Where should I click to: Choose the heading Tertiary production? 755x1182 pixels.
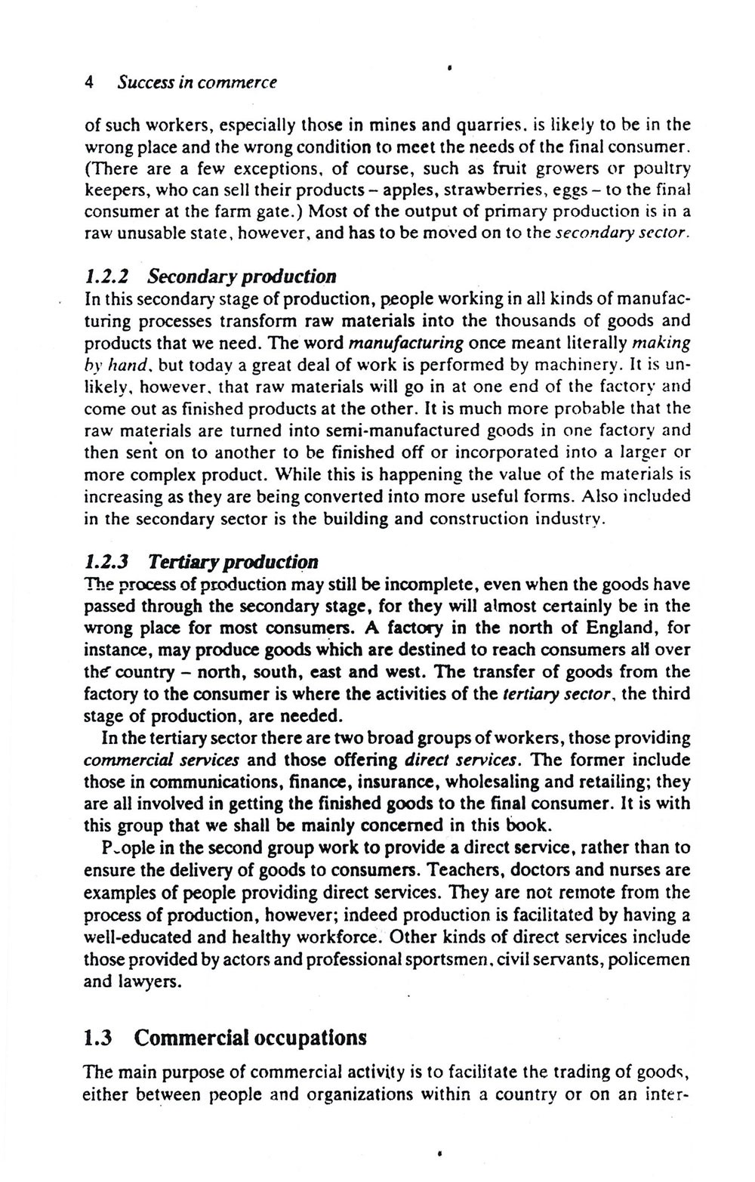pyautogui.click(x=233, y=562)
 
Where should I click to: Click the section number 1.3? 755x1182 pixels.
pyautogui.click(x=98, y=1038)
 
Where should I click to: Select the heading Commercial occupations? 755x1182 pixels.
pyautogui.click(x=250, y=1038)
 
